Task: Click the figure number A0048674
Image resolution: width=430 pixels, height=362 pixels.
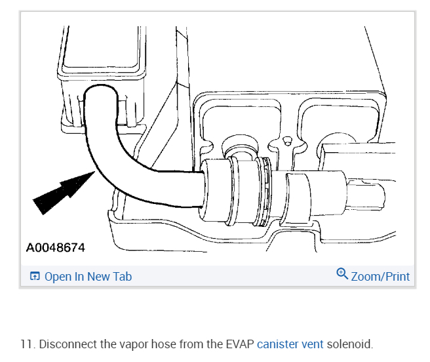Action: coord(56,248)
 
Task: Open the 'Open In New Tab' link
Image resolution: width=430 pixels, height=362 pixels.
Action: coord(88,277)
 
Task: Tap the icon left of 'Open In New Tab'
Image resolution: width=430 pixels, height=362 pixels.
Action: coord(35,277)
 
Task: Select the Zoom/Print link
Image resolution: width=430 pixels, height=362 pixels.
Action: coord(380,277)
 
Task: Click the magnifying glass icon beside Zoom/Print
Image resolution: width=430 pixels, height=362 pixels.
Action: coord(342,274)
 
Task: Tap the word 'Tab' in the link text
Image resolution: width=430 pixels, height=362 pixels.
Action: coord(121,277)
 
